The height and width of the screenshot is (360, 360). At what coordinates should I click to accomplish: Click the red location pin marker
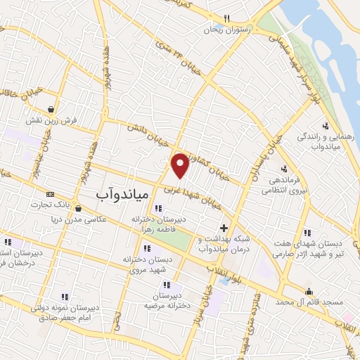181,165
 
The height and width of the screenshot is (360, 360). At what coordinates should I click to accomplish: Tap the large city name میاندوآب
121,191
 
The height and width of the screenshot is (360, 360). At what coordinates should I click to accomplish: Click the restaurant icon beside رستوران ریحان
226,18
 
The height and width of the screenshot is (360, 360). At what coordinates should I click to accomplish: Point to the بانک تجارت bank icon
49,194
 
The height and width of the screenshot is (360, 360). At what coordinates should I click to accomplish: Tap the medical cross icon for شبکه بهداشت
224,228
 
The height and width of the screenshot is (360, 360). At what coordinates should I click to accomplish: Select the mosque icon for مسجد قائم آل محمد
308,292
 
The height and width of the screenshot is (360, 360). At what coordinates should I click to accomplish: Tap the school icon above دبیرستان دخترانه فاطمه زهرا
157,208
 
